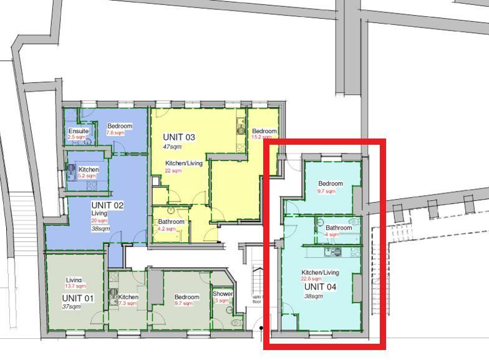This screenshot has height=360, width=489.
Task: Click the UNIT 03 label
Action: pos(179,137)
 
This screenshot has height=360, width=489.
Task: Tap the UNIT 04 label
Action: pos(320,287)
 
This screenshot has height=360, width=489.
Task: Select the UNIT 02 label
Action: pos(107,205)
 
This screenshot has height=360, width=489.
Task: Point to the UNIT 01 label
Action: pos(78,298)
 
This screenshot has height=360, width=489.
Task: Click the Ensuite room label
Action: pos(79,131)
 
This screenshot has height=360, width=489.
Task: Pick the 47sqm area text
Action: pos(172,147)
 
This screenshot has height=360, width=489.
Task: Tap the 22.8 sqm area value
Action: pos(311,279)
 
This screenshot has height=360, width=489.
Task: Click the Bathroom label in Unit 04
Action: pos(339,228)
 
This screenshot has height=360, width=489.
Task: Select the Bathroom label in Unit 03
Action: pos(171,221)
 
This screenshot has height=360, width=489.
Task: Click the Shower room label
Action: pos(223,294)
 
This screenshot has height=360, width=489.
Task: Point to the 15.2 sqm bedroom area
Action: pos(260,137)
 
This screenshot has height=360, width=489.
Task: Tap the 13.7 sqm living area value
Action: pos(75,286)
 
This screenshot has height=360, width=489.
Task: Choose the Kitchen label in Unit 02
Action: pos(89,170)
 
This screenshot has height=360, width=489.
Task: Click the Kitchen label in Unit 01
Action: pos(128,297)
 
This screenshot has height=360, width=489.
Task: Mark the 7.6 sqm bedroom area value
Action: pos(115,133)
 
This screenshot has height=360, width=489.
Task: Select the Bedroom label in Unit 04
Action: pos(331,184)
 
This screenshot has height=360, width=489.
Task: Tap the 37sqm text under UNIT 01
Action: pos(71,307)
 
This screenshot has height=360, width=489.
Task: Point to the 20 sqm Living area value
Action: pos(99,220)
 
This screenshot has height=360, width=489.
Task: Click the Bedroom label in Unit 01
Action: pos(186,297)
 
